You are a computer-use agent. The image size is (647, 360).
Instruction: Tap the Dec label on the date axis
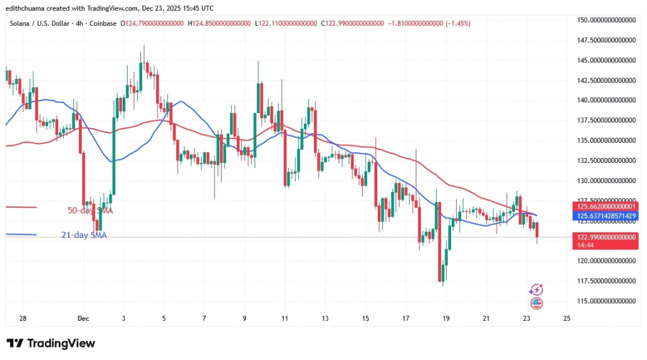[x=83, y=318]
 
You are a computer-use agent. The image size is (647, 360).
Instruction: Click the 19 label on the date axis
[x=445, y=318]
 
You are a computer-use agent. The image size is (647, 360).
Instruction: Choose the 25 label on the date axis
[x=566, y=318]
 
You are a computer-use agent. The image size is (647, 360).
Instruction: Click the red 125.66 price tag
[x=607, y=206]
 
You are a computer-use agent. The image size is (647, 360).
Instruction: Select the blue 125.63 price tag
[x=607, y=216]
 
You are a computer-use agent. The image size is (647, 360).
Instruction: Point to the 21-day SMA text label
[x=84, y=236]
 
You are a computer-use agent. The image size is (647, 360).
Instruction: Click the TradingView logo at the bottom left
[x=51, y=343]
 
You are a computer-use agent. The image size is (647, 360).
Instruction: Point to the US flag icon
[x=537, y=303]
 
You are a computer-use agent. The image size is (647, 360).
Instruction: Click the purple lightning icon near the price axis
[x=536, y=290]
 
